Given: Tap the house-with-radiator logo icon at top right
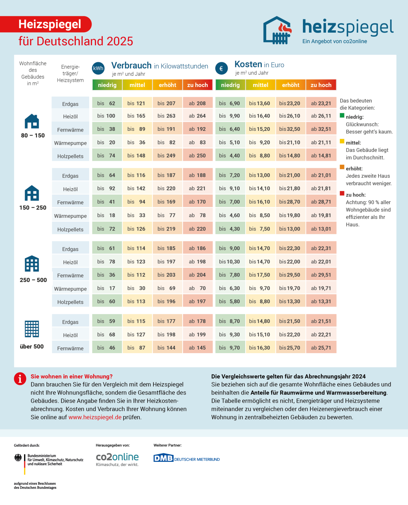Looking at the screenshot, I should tap(277, 31).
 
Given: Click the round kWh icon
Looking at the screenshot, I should tap(98, 68).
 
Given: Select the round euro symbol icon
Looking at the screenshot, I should tap(221, 68).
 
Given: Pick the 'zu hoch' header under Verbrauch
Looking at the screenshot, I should tap(198, 85).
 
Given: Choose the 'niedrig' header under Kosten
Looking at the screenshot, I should tap(230, 85).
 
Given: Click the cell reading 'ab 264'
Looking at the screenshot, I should tap(198, 116).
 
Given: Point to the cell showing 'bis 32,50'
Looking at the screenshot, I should tap(290, 129).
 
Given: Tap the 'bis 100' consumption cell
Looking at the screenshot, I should tap(106, 116).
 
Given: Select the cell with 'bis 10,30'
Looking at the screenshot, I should tap(230, 262).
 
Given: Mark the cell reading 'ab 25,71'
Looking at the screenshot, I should tap(321, 348).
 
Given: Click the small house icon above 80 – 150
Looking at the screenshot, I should tap(32, 121).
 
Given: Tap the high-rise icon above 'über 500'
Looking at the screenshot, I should tap(32, 329).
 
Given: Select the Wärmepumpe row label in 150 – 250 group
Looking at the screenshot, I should tap(70, 216).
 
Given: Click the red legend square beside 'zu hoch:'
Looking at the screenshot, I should tap(342, 194).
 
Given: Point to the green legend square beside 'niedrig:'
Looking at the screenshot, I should tap(342, 116).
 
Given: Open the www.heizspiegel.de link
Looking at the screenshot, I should tap(95, 417).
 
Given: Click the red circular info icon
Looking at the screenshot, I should tap(20, 379).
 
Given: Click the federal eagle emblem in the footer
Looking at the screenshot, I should tap(18, 458).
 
